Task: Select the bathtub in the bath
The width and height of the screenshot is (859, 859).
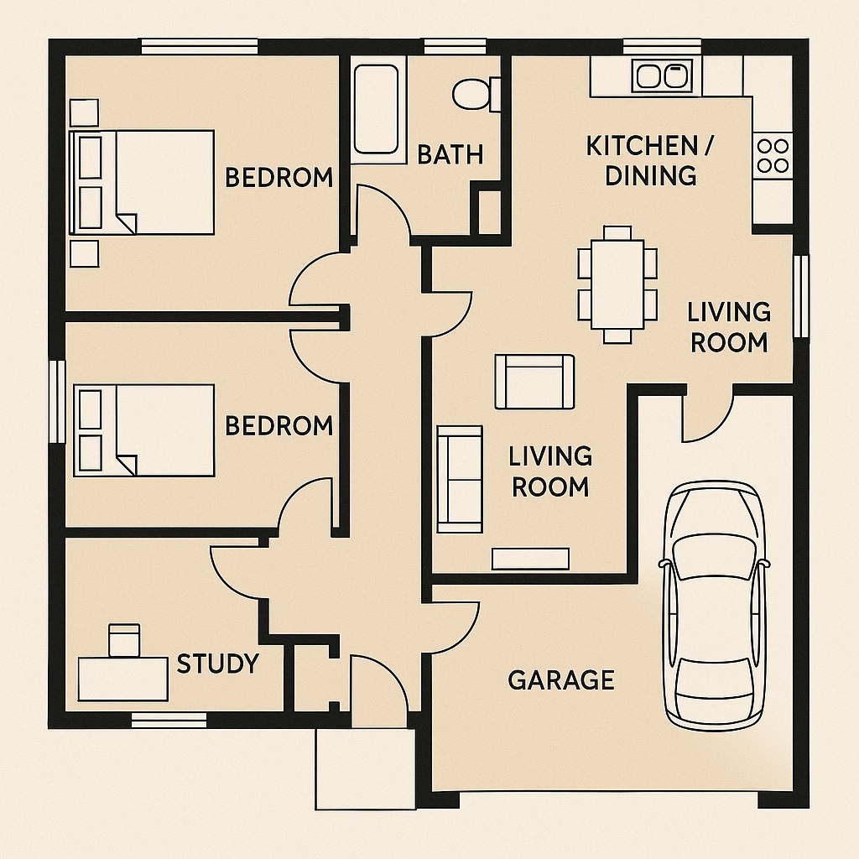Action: tap(376, 110)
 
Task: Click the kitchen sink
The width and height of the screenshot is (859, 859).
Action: tap(662, 75)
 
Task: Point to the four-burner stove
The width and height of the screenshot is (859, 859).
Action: tap(773, 155)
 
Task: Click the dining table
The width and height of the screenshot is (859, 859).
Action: tap(617, 284)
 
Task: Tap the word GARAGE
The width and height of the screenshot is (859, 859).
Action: tap(561, 679)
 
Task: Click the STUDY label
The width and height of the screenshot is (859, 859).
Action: tap(217, 664)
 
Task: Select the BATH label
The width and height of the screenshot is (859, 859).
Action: tap(450, 154)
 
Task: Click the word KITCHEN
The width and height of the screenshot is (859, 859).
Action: tap(642, 146)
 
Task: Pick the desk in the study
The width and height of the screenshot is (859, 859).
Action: tap(122, 679)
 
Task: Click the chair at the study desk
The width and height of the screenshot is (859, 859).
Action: tap(124, 640)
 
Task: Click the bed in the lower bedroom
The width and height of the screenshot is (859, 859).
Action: tap(143, 430)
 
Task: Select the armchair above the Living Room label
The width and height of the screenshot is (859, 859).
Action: tap(534, 382)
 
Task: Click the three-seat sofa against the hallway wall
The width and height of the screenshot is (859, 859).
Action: tap(460, 479)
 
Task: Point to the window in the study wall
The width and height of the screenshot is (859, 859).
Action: tap(169, 720)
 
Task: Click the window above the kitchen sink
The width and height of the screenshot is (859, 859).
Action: tap(662, 47)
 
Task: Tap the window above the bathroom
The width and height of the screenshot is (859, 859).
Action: tap(456, 47)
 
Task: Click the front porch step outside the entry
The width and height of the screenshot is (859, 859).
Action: tap(366, 768)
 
